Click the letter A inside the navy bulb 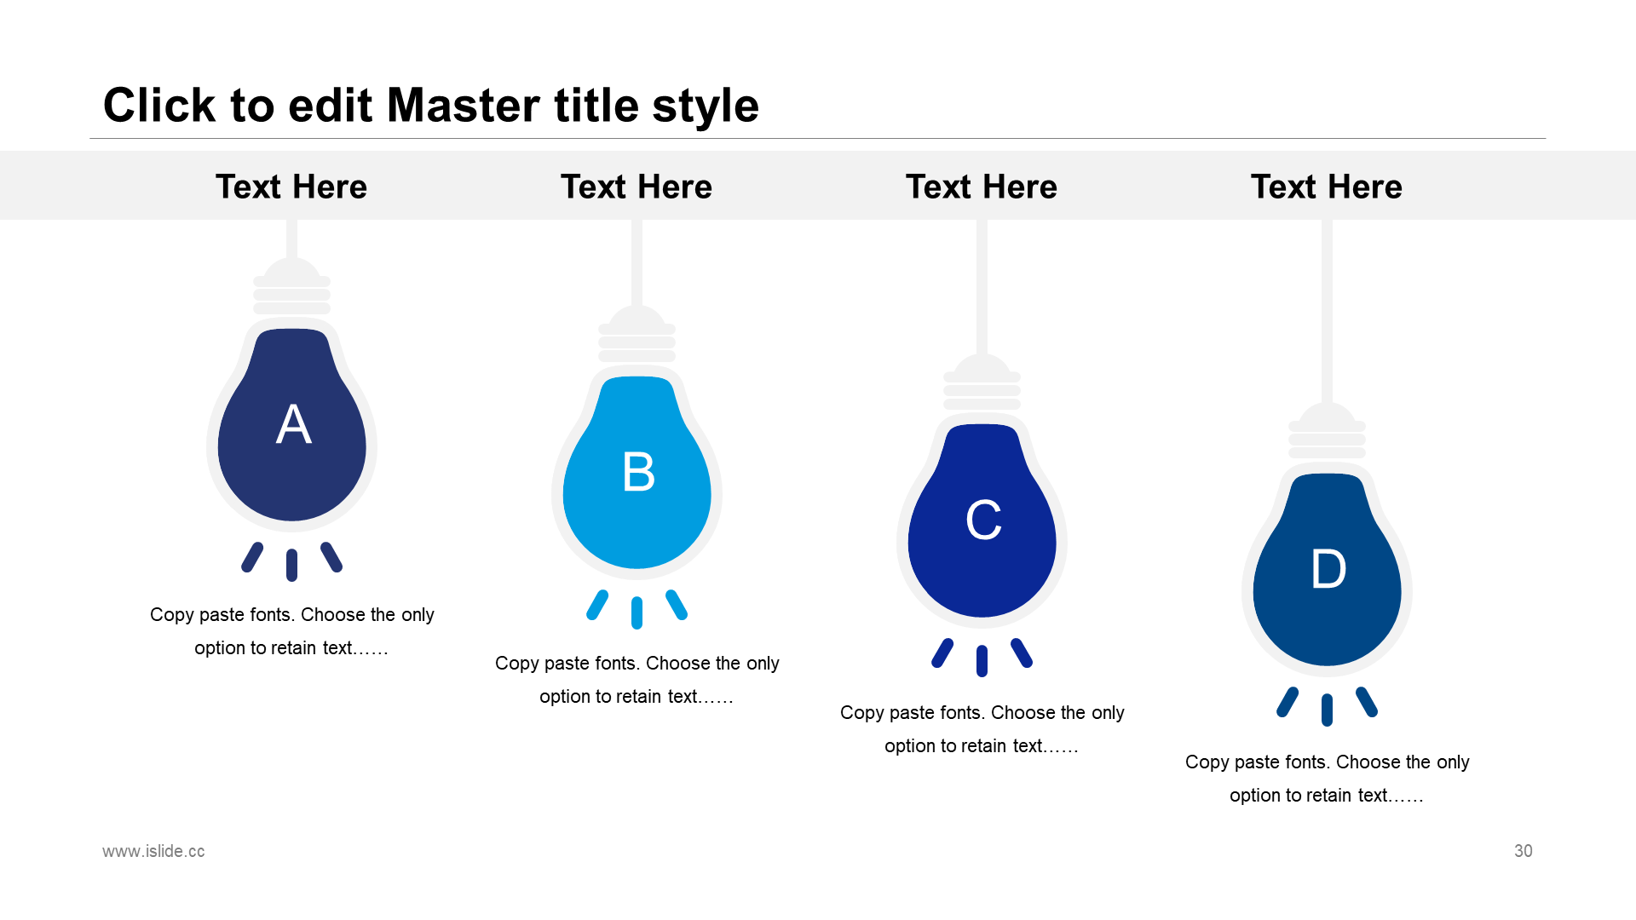294,424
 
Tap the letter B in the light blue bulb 639,472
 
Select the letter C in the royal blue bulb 983,520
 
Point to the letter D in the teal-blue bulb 1328,569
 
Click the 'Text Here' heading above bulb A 291,187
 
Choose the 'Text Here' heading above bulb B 637,187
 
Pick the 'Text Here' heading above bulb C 982,187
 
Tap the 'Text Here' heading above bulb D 1327,187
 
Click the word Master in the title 464,106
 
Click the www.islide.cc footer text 153,851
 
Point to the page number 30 1524,851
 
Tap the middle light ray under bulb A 292,565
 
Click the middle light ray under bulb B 637,613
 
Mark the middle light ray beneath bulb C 982,661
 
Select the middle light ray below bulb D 1327,710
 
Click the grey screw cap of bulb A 292,287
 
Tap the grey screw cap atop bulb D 1327,432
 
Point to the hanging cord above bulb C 982,287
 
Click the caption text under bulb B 637,680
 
